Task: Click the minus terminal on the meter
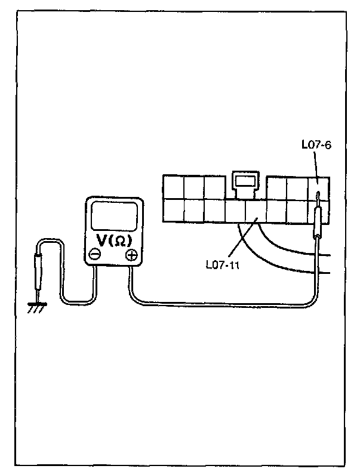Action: [94, 255]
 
